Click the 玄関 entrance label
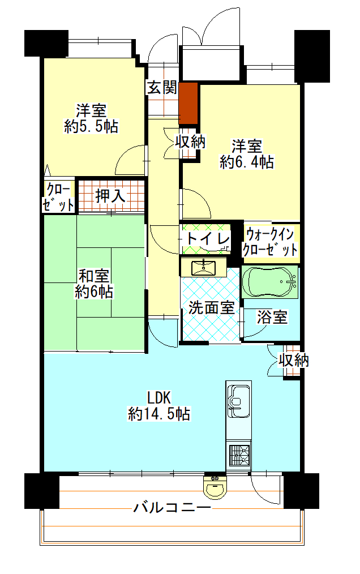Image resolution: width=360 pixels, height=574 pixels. click(162, 88)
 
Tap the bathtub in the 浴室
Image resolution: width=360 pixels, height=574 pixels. click(270, 282)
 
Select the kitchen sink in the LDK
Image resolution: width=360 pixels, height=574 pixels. click(239, 401)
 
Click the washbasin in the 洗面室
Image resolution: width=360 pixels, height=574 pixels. click(203, 267)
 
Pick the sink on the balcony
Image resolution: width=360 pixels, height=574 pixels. click(215, 487)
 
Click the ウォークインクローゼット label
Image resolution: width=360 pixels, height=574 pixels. click(270, 241)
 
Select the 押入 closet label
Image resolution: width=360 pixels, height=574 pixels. click(110, 196)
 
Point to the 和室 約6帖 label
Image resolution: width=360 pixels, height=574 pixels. click(94, 284)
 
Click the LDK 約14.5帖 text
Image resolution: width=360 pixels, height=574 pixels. click(159, 406)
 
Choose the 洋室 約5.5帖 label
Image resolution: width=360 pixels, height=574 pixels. click(91, 118)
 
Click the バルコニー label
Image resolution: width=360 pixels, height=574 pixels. click(172, 507)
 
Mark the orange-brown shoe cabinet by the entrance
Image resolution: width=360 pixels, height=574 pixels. click(188, 103)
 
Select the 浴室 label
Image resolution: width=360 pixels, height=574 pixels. click(272, 317)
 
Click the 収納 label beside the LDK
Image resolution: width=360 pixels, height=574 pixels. click(293, 361)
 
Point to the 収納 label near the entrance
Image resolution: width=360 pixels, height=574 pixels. click(190, 142)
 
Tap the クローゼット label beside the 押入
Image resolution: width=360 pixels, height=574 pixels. click(58, 198)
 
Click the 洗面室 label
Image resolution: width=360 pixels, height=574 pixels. click(211, 307)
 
